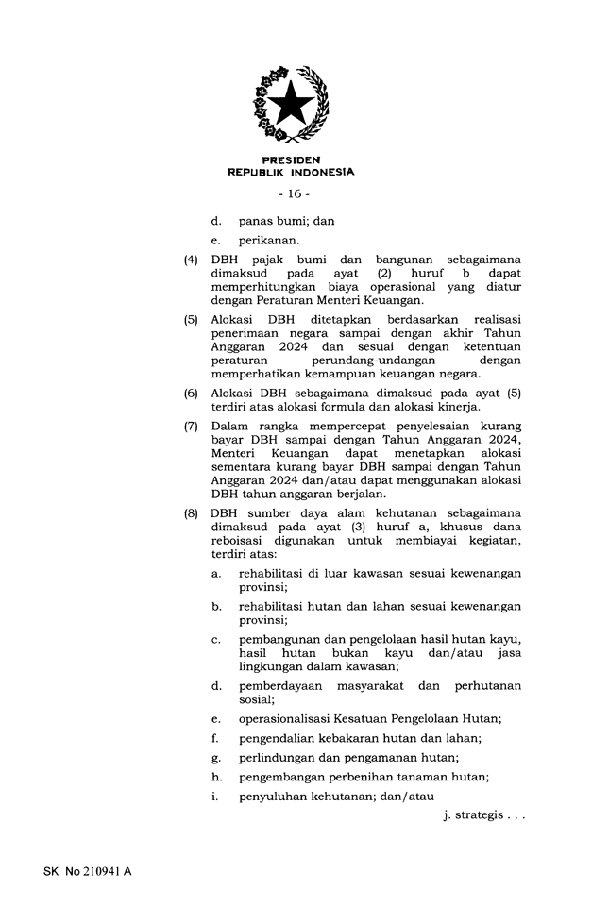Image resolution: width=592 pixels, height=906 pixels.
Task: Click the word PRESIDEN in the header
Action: pos(292,160)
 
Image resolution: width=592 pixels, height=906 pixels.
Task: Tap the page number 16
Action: pos(293,194)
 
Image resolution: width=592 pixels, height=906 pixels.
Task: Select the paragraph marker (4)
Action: pos(191,260)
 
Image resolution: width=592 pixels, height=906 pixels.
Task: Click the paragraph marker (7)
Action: pos(191,427)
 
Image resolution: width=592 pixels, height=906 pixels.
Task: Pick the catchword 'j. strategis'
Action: pos(482,814)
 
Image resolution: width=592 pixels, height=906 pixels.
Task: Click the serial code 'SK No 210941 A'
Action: pos(87,871)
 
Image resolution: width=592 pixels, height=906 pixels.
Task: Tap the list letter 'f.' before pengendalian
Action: pos(216,737)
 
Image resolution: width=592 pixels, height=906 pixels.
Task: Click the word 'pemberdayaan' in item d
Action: pos(281,685)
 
